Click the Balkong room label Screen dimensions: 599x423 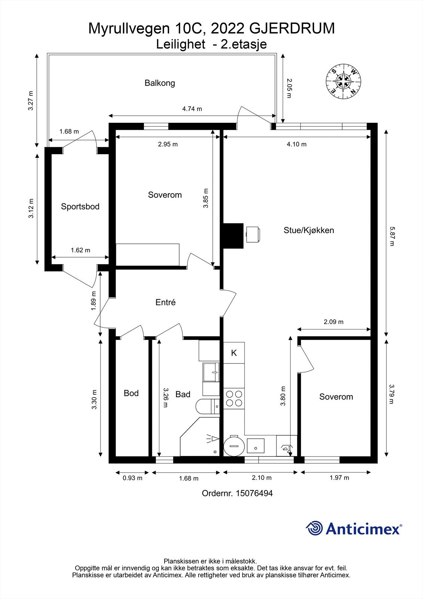click(x=160, y=83)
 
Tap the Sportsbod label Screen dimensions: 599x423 click(x=80, y=206)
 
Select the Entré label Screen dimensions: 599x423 click(x=165, y=302)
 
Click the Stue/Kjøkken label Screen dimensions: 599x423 click(x=309, y=230)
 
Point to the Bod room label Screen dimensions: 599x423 click(x=131, y=393)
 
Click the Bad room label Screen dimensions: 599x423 click(x=183, y=394)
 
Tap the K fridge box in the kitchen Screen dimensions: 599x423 click(x=234, y=353)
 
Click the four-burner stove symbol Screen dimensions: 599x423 click(x=234, y=398)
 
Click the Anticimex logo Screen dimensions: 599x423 click(x=354, y=528)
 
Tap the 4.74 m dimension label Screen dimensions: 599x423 click(x=192, y=109)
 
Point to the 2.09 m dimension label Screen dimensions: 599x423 click(x=333, y=322)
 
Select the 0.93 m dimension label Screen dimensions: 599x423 click(x=132, y=478)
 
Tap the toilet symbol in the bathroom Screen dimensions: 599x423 click(x=207, y=407)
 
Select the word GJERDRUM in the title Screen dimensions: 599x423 click(x=292, y=28)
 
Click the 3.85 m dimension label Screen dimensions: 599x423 click(x=206, y=198)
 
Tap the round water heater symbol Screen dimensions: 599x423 click(x=234, y=446)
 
